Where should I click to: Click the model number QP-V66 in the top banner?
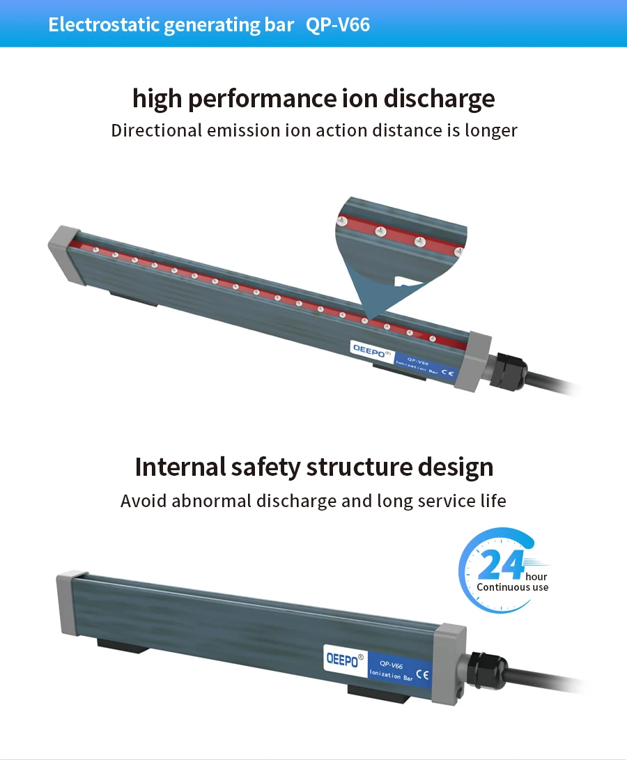(338, 25)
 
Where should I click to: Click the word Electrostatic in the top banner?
(104, 25)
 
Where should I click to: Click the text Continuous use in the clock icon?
(512, 587)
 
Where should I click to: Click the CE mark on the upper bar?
(448, 373)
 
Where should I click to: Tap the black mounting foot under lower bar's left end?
(123, 645)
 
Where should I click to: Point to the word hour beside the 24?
(536, 576)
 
